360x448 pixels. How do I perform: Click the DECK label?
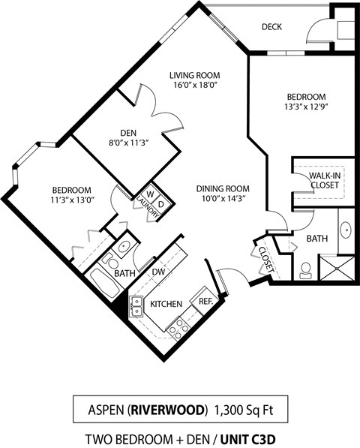pyautogui.click(x=271, y=27)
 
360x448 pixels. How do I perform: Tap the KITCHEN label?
pyautogui.click(x=167, y=304)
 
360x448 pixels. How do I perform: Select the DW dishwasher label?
pyautogui.click(x=158, y=272)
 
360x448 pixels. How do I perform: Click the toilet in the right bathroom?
pyautogui.click(x=306, y=269)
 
